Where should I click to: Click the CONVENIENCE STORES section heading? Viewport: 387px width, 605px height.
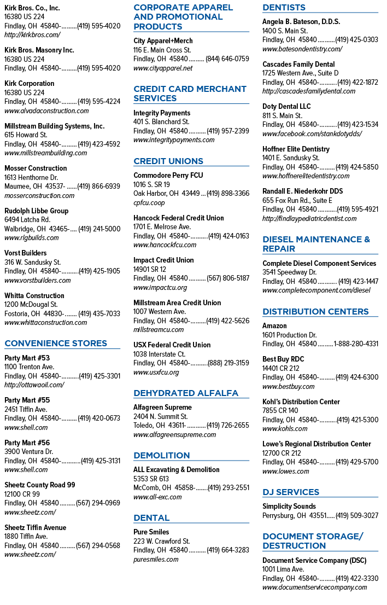56,344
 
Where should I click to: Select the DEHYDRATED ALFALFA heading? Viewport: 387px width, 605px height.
186,393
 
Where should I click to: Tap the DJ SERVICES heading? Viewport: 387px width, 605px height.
291,492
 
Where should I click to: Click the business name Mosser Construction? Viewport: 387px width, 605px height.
36,168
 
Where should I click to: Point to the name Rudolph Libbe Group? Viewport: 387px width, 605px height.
36,211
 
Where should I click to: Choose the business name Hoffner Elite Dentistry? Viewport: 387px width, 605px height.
296,149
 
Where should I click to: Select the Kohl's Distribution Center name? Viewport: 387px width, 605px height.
301,402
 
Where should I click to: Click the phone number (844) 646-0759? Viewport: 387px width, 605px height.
227,59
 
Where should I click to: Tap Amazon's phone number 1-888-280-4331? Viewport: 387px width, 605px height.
356,344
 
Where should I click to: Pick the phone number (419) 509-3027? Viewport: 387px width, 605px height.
357,515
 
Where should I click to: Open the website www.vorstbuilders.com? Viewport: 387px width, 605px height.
37,281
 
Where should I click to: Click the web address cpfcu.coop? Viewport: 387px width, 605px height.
149,203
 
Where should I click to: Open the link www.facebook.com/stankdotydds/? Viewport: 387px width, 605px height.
312,134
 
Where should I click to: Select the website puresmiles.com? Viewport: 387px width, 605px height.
156,560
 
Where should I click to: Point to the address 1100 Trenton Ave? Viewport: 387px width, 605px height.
30,367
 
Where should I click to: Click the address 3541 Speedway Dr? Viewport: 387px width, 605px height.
290,272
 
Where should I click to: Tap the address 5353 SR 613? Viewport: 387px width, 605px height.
151,479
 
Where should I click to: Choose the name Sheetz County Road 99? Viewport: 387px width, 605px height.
40,485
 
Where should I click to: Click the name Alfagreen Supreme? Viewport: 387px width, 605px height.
162,408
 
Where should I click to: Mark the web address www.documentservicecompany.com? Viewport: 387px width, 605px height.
314,587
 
